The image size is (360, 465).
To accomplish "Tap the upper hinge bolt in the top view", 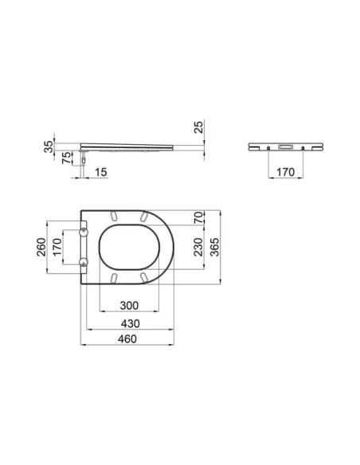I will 85,231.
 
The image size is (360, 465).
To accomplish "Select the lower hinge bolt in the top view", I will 85,261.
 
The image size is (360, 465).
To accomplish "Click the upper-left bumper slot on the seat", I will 115,217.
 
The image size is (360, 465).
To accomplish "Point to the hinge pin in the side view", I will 83,158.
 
